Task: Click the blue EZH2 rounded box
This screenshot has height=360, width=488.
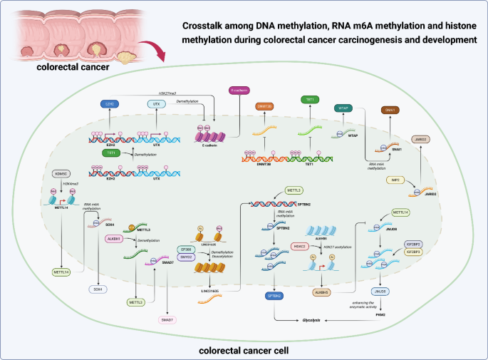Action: [x=109, y=104]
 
